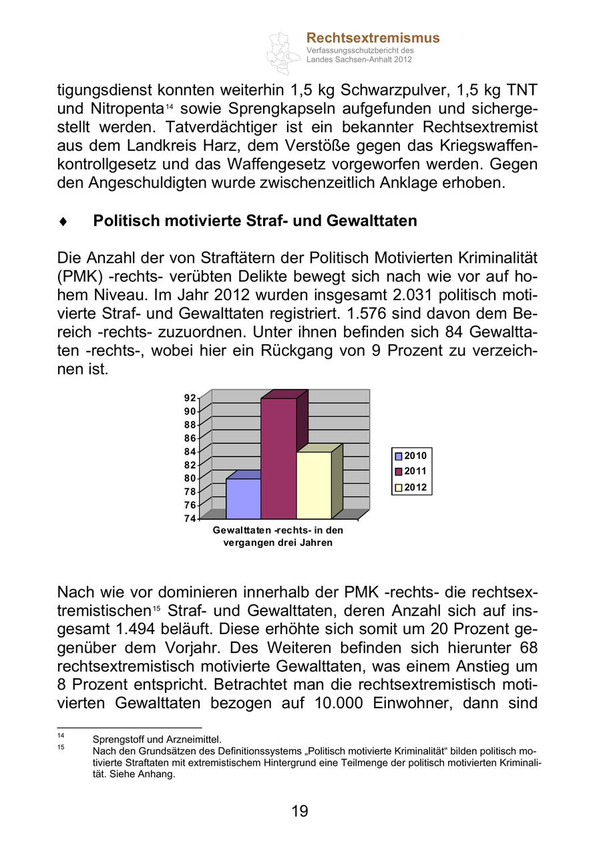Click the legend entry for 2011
[410, 471]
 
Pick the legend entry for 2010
[410, 456]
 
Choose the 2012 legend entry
[410, 487]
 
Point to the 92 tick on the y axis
[190, 398]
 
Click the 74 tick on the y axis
[190, 519]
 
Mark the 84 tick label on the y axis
[190, 452]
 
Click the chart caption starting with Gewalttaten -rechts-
[278, 536]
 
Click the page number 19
[300, 811]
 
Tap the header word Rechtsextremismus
[373, 38]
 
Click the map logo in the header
[283, 52]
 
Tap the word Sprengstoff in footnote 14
[116, 739]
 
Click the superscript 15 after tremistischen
[156, 607]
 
